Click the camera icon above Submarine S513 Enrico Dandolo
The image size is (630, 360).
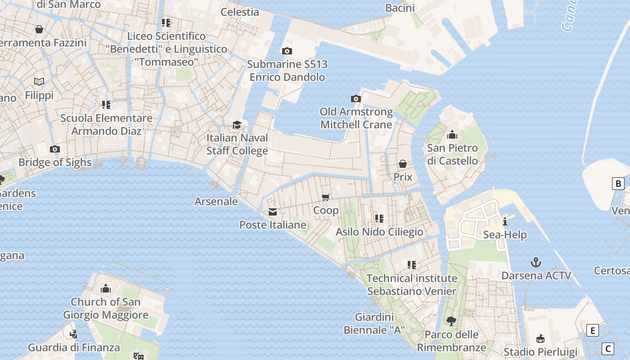(x=287, y=51)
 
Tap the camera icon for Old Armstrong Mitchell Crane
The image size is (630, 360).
(x=356, y=99)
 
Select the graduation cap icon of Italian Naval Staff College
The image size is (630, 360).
(x=237, y=125)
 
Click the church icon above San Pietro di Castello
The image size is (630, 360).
(x=452, y=135)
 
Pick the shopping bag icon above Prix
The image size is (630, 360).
(x=403, y=164)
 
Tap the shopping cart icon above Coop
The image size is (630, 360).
(x=326, y=197)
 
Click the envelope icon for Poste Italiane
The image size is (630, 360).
(x=273, y=212)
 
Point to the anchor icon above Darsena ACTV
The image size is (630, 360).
(x=536, y=262)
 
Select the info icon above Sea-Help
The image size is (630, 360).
(x=505, y=221)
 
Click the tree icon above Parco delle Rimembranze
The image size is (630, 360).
(x=451, y=321)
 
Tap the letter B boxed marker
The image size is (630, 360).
(x=618, y=184)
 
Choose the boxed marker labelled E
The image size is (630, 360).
(x=593, y=331)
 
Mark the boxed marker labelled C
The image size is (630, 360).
(x=608, y=348)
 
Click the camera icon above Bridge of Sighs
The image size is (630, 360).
(x=55, y=149)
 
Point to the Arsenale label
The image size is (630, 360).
(x=216, y=201)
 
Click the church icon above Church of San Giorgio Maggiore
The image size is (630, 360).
(x=106, y=288)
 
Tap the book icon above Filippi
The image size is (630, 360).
(x=39, y=82)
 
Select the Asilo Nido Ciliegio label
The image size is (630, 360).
(x=379, y=232)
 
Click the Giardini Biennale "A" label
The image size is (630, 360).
(x=374, y=324)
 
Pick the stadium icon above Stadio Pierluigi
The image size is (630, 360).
(x=540, y=339)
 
